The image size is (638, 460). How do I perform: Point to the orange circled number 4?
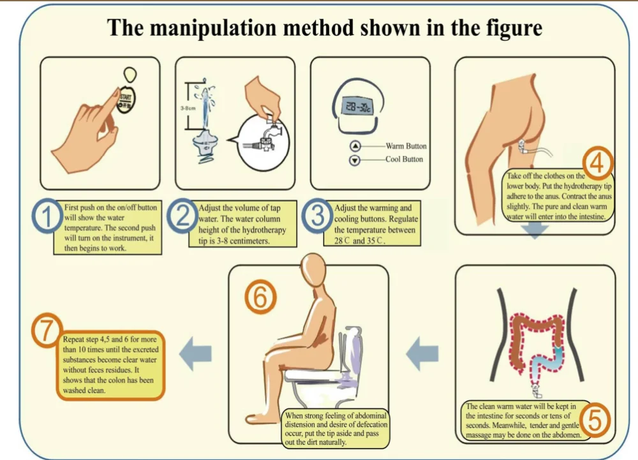click(x=597, y=164)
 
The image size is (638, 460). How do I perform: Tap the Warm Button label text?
click(x=406, y=146)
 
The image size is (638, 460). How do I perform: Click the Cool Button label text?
click(x=404, y=159)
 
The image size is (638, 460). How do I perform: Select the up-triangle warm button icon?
click(x=355, y=146)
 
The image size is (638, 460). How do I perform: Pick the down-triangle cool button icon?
click(x=355, y=159)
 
